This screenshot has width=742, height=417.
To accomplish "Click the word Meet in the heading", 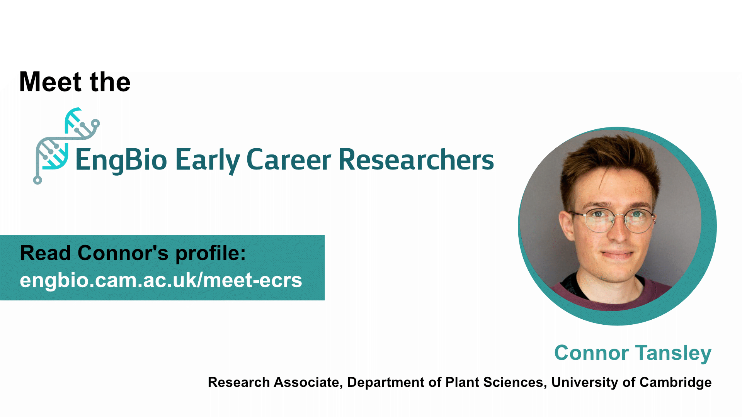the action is click(50, 82).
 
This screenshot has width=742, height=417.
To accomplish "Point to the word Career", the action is click(289, 159).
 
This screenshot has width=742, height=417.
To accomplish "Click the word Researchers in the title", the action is click(416, 159).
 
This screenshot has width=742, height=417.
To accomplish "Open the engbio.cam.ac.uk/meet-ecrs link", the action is click(161, 280).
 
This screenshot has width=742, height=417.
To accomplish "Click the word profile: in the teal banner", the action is click(211, 254).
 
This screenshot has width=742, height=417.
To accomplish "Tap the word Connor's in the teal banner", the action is click(123, 253).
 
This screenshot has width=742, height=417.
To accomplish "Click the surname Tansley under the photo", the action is click(674, 353).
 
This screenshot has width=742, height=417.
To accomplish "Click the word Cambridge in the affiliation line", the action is click(676, 382).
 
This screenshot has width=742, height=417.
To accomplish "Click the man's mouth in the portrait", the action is click(617, 255).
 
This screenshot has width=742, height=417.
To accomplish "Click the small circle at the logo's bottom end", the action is click(37, 180).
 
